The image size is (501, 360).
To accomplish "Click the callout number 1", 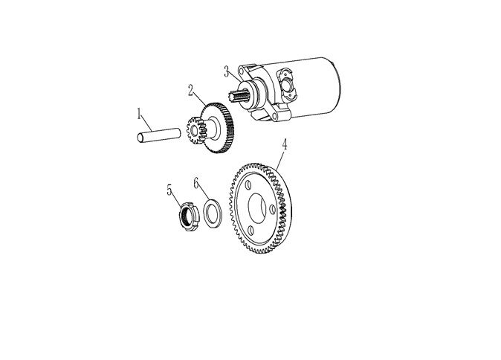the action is [139, 114].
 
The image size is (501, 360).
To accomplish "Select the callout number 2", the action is [191, 90].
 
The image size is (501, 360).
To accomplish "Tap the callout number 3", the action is [227, 71].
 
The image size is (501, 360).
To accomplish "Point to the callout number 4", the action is [284, 144].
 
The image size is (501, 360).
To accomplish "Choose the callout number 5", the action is [169, 190].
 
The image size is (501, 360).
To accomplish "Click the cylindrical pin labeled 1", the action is [158, 135].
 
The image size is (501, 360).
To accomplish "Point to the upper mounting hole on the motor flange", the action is [242, 71].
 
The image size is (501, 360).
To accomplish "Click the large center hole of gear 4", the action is [257, 208].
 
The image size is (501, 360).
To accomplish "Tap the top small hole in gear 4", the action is [248, 185].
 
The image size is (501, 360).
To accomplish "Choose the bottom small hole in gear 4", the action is [250, 231].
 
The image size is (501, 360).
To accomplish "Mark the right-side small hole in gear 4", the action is [272, 210].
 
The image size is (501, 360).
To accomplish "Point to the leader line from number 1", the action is [146, 125].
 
